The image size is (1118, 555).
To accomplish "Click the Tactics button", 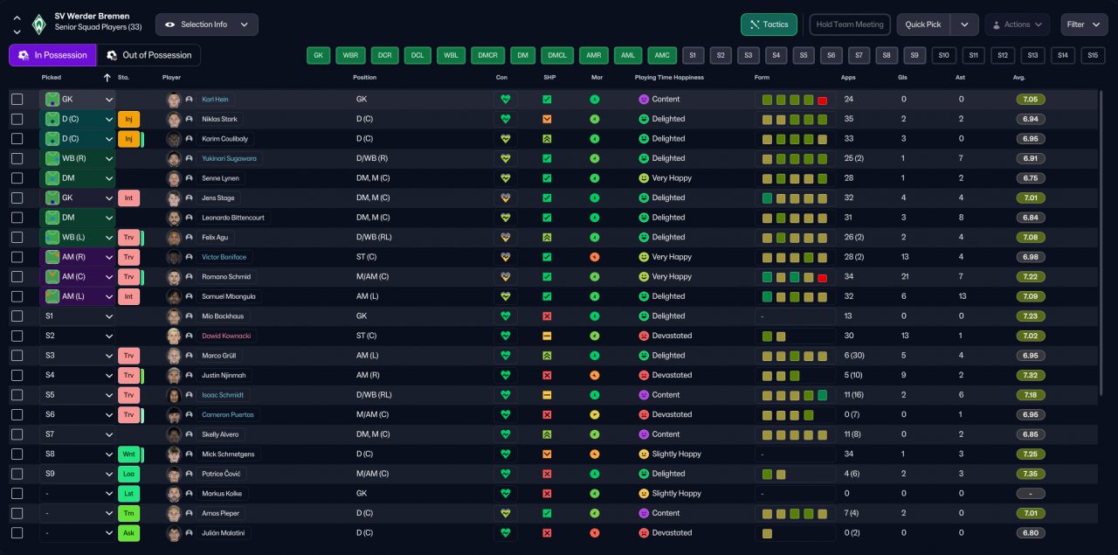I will pos(769,24).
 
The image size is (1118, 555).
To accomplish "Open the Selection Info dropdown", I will pos(206,24).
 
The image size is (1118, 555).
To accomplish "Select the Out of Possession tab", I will pos(148,55).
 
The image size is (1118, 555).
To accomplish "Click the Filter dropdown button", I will pos(1084,24).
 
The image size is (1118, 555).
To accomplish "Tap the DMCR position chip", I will pos(487,55).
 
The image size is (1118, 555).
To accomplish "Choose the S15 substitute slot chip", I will pos(1093,55).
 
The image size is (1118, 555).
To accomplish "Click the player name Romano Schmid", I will pos(226,277).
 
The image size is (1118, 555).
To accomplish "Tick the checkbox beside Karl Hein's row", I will pos(17,100).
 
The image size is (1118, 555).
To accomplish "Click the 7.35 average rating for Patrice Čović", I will pos(1031,474).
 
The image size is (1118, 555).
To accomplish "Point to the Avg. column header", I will pos(1018,78).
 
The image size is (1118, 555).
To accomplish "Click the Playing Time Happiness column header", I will pos(669,78).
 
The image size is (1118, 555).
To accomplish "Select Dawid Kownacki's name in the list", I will pos(225,336).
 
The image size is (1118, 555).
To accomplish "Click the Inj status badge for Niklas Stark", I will pos(128,119).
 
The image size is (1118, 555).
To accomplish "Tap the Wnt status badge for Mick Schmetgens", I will pos(128,454).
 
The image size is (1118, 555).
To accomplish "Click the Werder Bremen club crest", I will pos(38,24).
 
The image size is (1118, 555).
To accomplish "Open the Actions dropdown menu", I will pos(1017,24).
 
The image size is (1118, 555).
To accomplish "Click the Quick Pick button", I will pos(923,24).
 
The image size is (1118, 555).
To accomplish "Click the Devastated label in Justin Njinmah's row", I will pos(672,375).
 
